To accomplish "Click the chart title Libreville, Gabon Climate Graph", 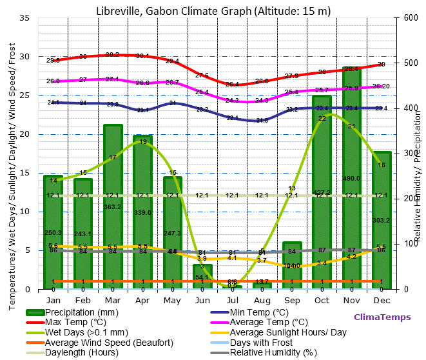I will (x=213, y=10).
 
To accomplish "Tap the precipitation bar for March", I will (x=113, y=206).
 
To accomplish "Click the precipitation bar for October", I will (x=322, y=194).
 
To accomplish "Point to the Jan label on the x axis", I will (x=53, y=300).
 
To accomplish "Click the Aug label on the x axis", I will (x=262, y=300).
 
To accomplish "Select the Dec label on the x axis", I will (x=382, y=300).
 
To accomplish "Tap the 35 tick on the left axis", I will (x=24, y=18).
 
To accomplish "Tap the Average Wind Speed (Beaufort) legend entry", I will (x=100, y=342).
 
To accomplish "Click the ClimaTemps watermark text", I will (x=382, y=317).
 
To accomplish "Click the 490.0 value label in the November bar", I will (x=352, y=179).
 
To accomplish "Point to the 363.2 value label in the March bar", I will (x=113, y=207).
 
